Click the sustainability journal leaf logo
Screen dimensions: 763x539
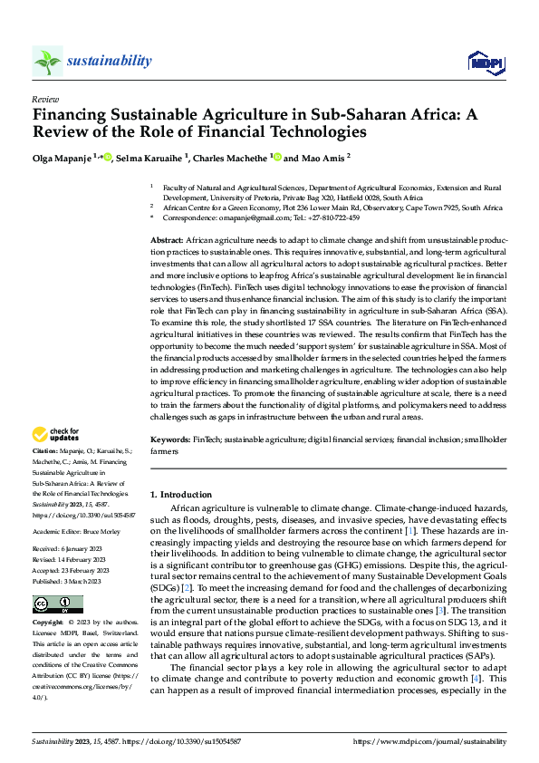(47, 61)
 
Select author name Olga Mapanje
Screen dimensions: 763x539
(62, 157)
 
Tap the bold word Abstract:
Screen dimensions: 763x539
(166, 237)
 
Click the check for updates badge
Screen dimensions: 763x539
(58, 434)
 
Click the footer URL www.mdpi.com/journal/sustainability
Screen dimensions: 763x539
(443, 740)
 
